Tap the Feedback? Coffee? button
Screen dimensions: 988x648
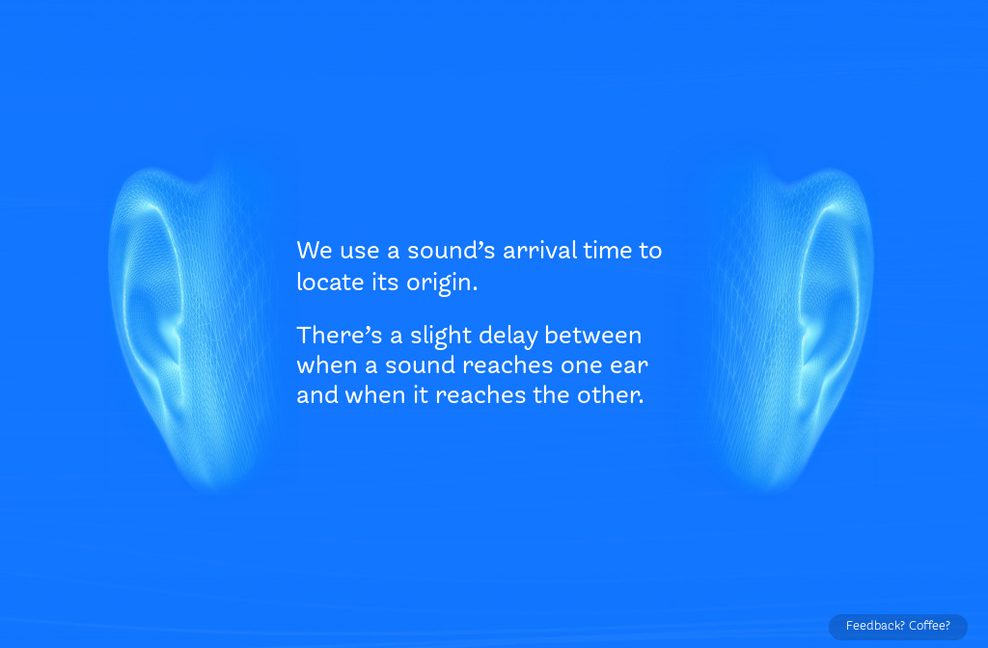click(898, 626)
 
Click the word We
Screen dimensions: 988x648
click(315, 251)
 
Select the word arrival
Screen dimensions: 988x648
click(539, 251)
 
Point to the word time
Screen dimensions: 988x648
click(608, 251)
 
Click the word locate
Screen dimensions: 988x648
click(330, 283)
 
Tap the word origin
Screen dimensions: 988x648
click(440, 283)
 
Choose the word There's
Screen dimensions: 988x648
click(340, 335)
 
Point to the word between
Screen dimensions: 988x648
click(593, 335)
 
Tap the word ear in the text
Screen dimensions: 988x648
click(629, 365)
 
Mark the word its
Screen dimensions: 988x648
click(386, 283)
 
